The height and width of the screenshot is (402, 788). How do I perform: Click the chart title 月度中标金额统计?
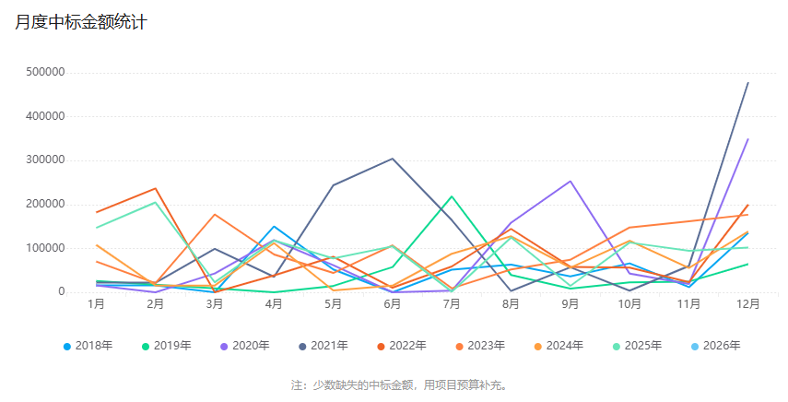point(81,23)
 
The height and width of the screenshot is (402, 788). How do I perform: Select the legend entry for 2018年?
point(88,346)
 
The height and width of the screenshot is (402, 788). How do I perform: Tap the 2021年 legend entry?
point(323,346)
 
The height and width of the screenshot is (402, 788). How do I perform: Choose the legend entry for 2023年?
point(479,346)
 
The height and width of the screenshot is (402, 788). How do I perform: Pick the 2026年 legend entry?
point(714,346)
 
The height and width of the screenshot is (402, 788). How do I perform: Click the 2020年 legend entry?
point(244,346)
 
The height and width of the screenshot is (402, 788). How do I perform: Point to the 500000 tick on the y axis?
point(46,72)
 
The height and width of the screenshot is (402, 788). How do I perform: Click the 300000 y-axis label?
point(46,160)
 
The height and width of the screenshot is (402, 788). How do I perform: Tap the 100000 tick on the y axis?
point(46,248)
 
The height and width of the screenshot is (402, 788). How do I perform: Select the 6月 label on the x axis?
point(393,303)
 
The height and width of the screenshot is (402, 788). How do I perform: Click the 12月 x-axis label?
point(747,303)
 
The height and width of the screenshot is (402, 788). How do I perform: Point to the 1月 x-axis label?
point(96,303)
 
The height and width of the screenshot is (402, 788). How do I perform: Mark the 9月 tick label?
point(570,303)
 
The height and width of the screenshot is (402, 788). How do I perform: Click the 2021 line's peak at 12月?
point(747,83)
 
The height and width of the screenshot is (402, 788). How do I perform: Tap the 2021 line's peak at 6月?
point(393,159)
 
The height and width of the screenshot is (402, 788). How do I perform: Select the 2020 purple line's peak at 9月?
point(570,181)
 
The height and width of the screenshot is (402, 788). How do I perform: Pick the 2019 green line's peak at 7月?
point(452,196)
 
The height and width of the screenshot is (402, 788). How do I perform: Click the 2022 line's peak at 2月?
point(156,188)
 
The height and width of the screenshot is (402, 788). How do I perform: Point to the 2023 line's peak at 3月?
point(215,215)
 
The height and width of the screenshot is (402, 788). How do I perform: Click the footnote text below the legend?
point(399,384)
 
